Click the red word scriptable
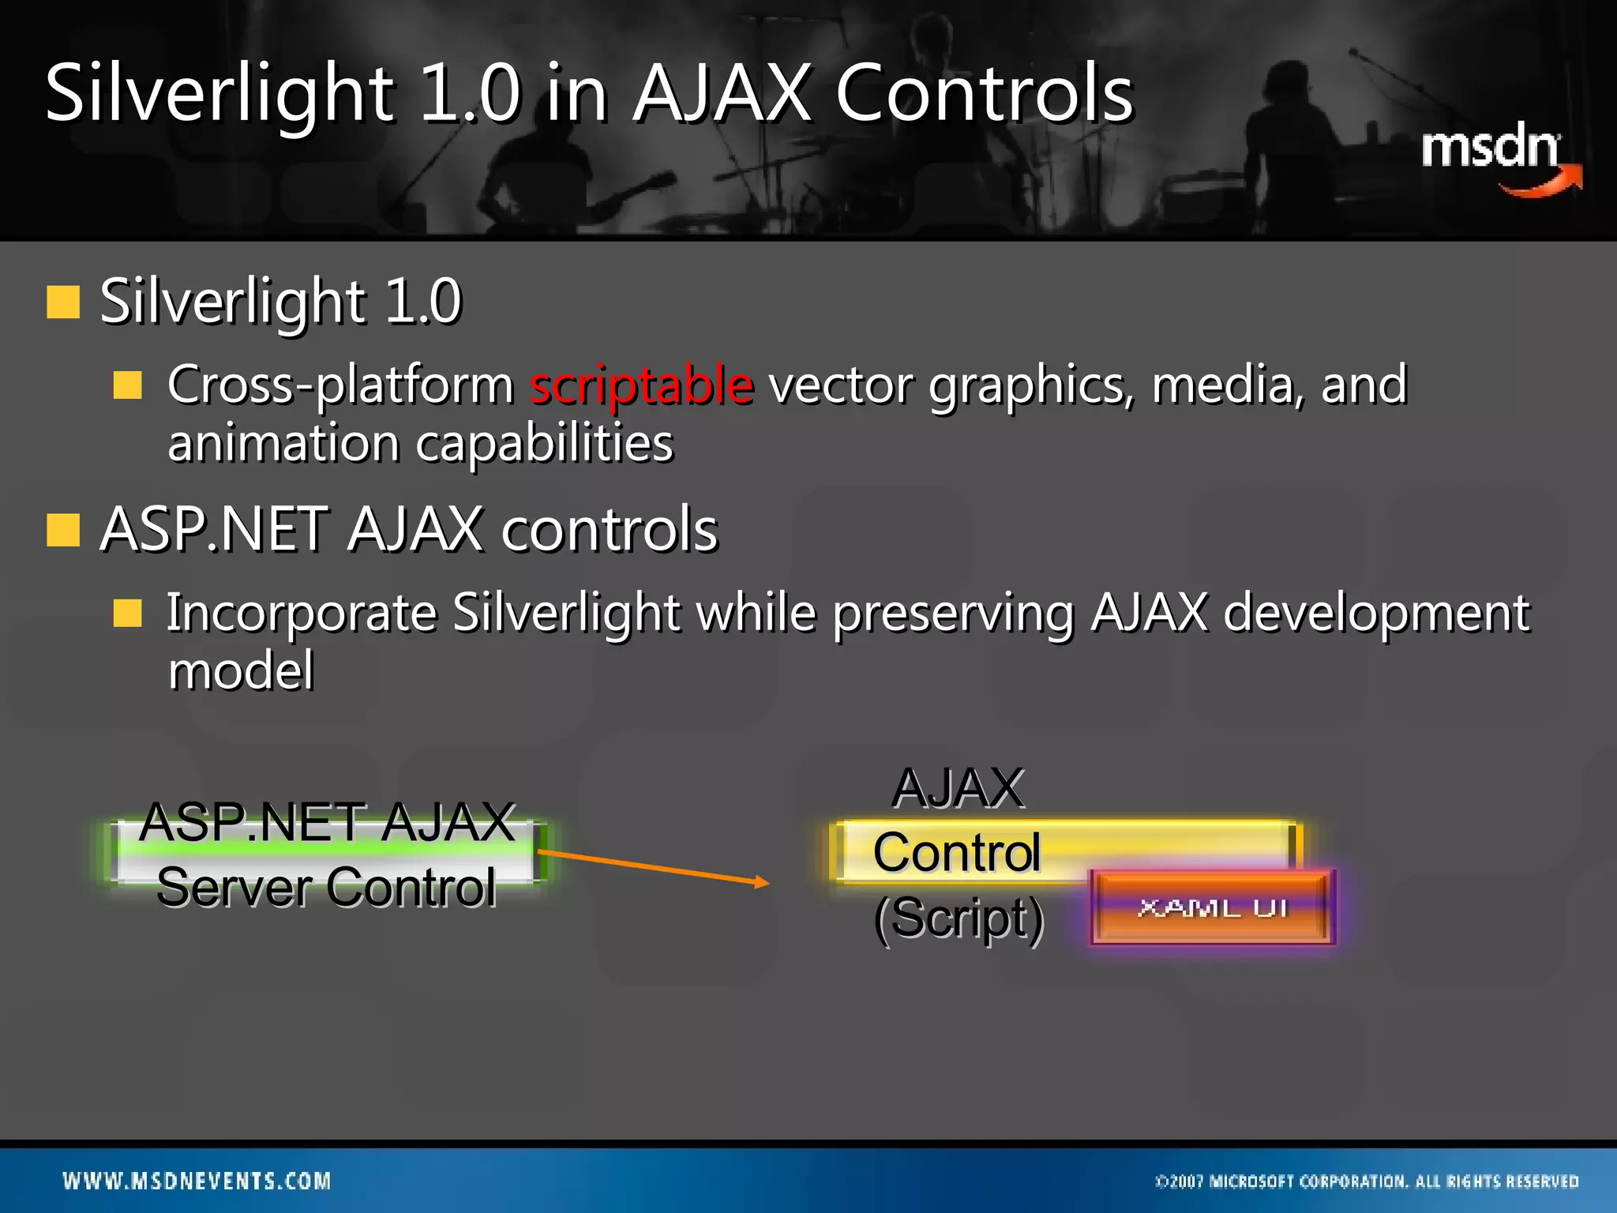641,385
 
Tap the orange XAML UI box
1213,907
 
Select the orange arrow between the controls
652,867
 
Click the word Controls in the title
984,94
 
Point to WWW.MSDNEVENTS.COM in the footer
197,1181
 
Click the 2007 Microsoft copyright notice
1367,1181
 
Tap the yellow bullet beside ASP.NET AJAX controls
63,530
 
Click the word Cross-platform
340,385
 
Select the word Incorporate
301,613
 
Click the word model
241,671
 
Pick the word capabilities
544,443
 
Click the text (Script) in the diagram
959,918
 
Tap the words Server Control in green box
326,887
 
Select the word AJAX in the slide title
722,94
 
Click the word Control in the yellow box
956,852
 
